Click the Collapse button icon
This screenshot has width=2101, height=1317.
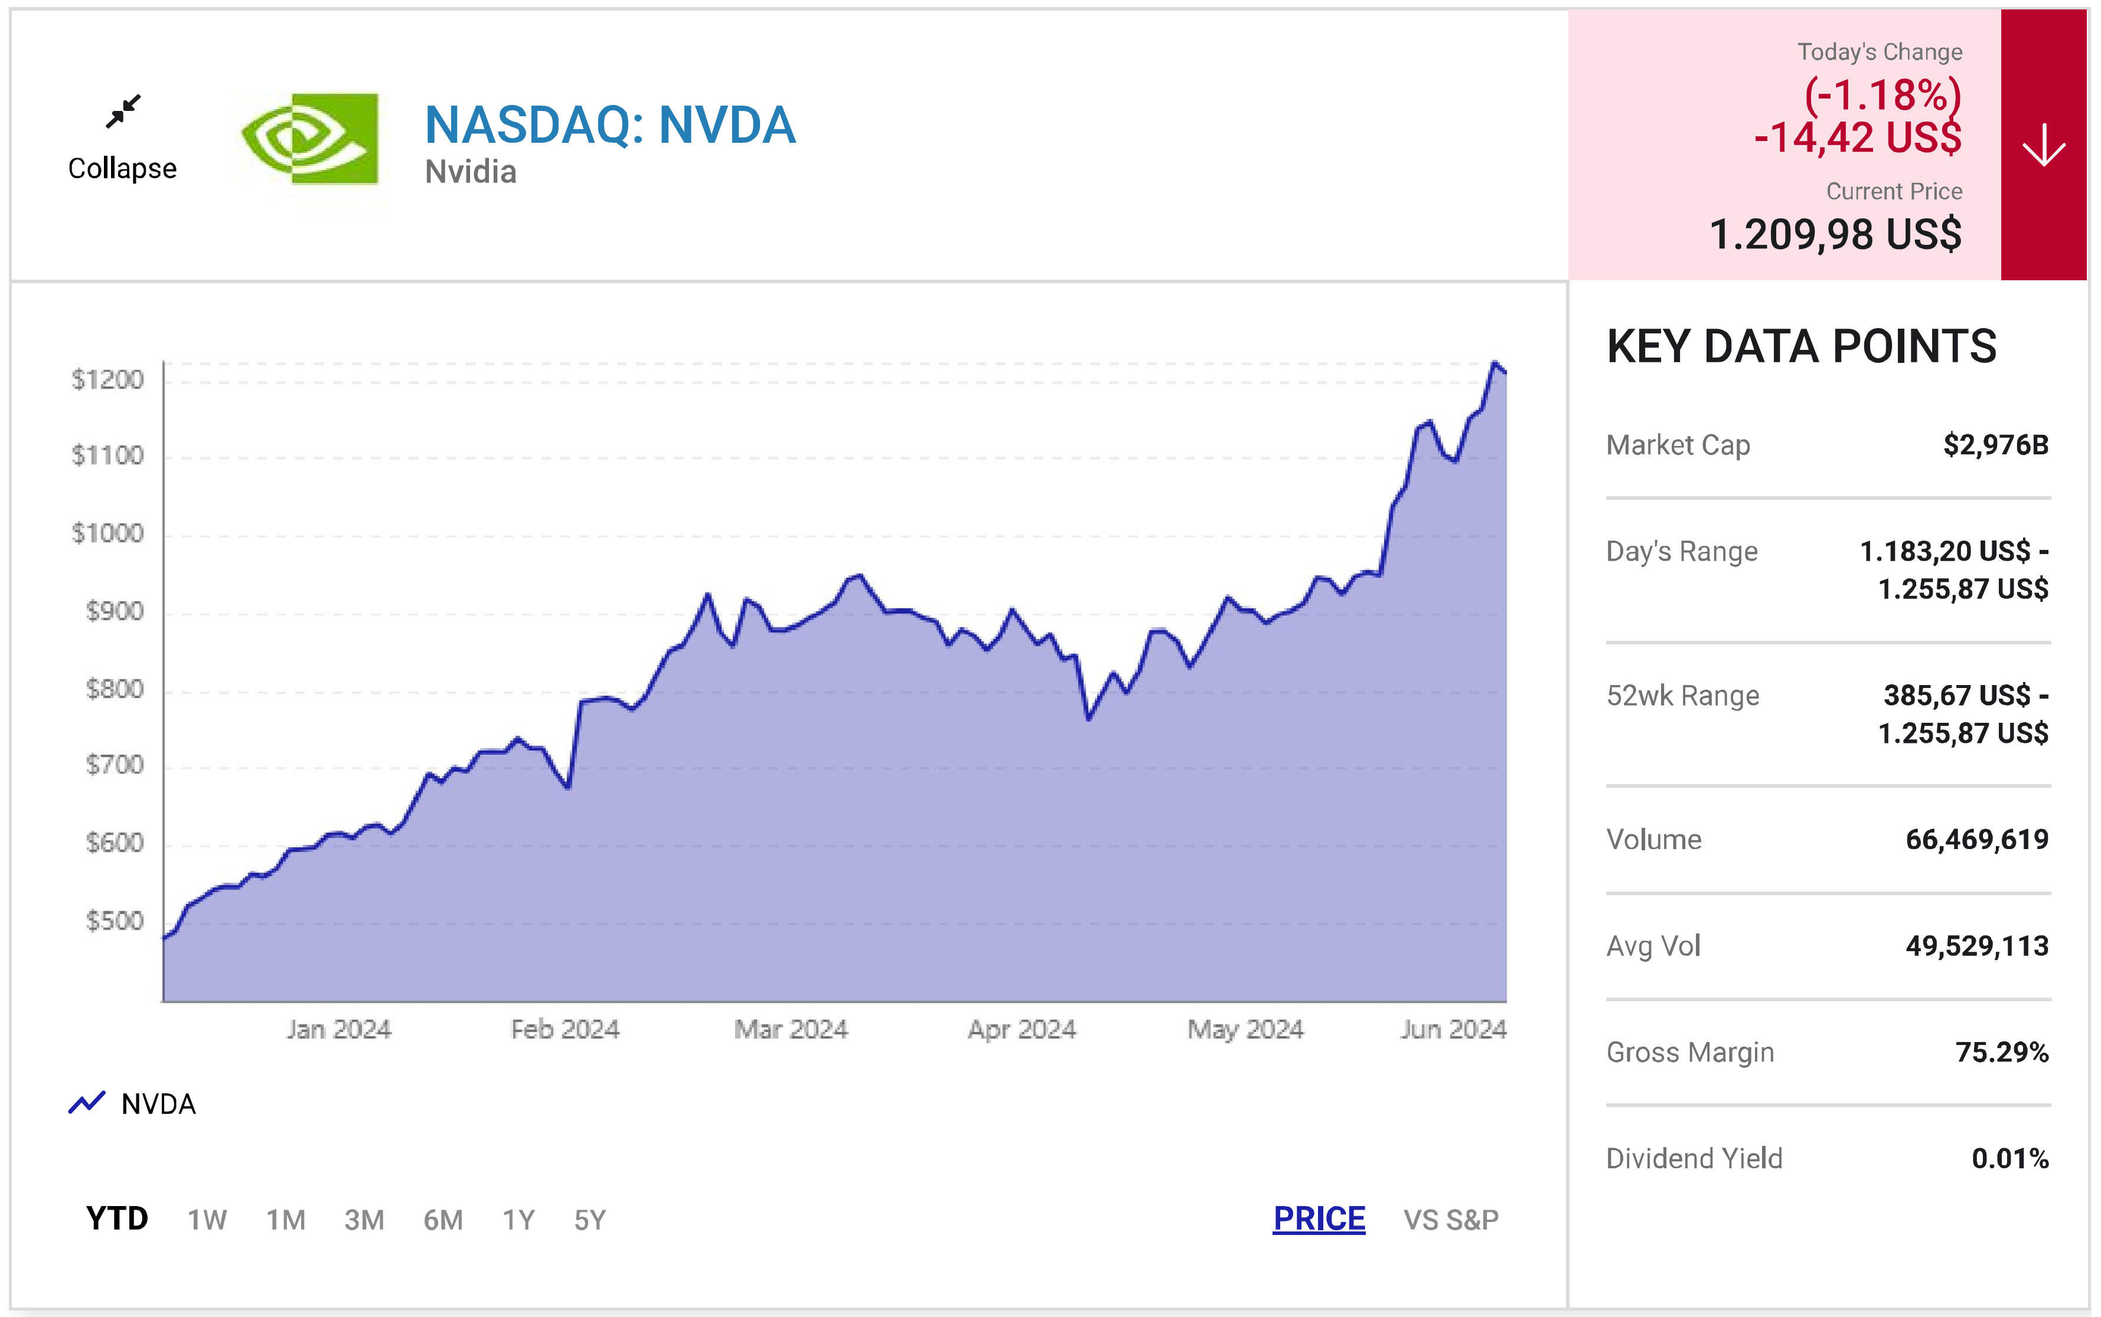[123, 112]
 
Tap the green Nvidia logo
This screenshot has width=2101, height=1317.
[309, 139]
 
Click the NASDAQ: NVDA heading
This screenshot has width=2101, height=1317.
[610, 125]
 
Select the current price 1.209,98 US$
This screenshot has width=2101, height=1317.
[1835, 234]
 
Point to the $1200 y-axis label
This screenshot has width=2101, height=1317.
[107, 380]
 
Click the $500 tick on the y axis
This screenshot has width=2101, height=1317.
[114, 920]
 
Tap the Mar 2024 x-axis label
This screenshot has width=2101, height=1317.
[790, 1030]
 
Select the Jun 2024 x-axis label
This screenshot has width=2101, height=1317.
[1453, 1030]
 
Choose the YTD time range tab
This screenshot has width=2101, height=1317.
[117, 1218]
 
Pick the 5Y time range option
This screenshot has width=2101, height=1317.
[589, 1220]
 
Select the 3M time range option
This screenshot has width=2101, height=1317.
[364, 1220]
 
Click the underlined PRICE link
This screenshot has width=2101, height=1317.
[1319, 1218]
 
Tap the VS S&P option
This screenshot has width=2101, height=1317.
[1450, 1220]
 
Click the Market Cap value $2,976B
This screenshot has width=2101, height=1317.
[1995, 445]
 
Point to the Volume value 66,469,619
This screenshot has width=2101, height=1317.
[1976, 840]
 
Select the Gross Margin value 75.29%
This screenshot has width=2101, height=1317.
[2002, 1052]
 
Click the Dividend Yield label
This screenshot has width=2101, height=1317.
[1694, 1158]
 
